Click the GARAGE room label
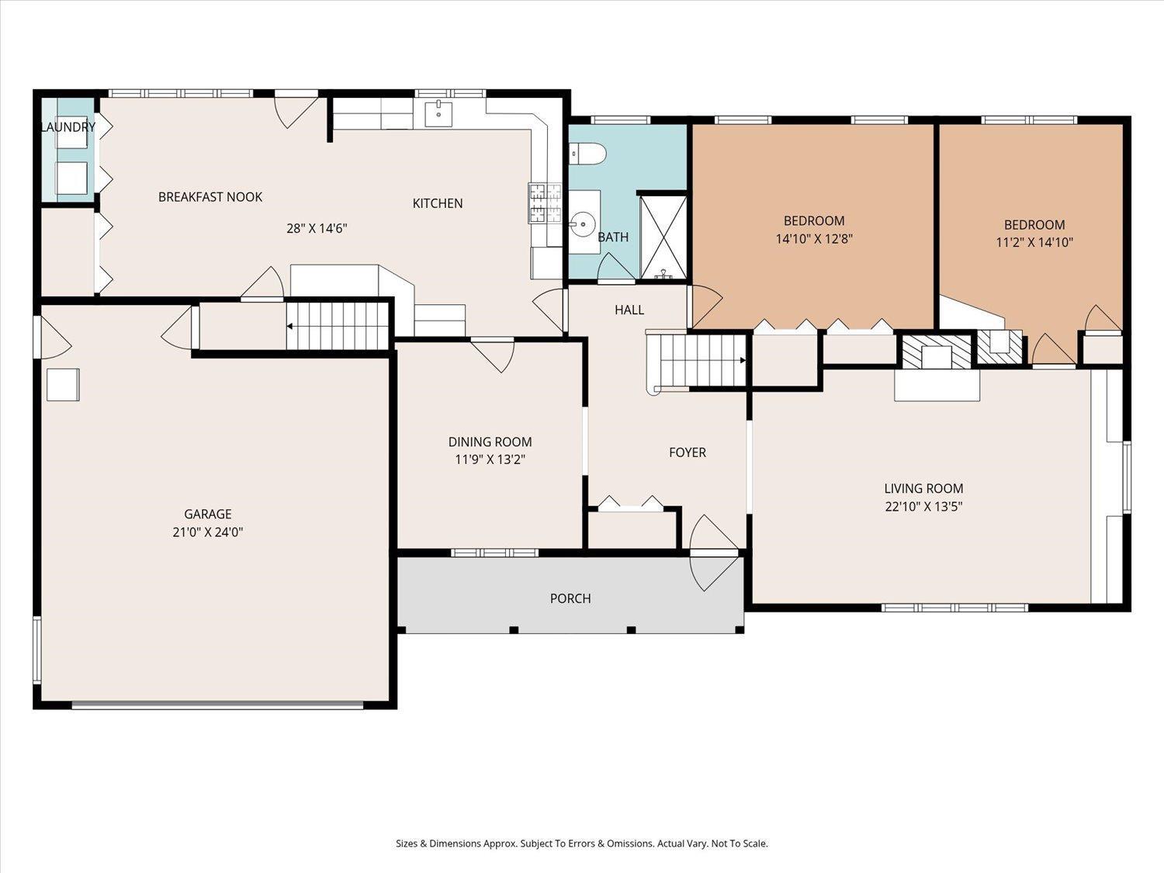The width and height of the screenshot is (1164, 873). [207, 514]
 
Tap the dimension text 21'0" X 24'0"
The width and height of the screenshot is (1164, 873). [207, 532]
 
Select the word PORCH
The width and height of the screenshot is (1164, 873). [570, 598]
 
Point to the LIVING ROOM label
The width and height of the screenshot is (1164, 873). [923, 488]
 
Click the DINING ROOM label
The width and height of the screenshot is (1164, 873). [490, 442]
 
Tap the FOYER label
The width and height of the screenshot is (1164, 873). [688, 452]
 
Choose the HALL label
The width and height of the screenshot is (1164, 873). [629, 310]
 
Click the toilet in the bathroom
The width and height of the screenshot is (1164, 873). [588, 154]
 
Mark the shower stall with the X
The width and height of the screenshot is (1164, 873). [663, 237]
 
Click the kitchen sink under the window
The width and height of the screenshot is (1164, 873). [439, 114]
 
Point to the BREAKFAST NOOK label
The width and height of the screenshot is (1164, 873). [210, 197]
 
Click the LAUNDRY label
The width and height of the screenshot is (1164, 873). [68, 126]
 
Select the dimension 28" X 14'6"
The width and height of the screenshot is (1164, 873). [317, 228]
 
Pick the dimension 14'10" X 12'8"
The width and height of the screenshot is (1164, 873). [814, 238]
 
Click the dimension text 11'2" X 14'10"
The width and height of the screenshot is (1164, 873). [1034, 242]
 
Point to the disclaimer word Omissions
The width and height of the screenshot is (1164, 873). [632, 843]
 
